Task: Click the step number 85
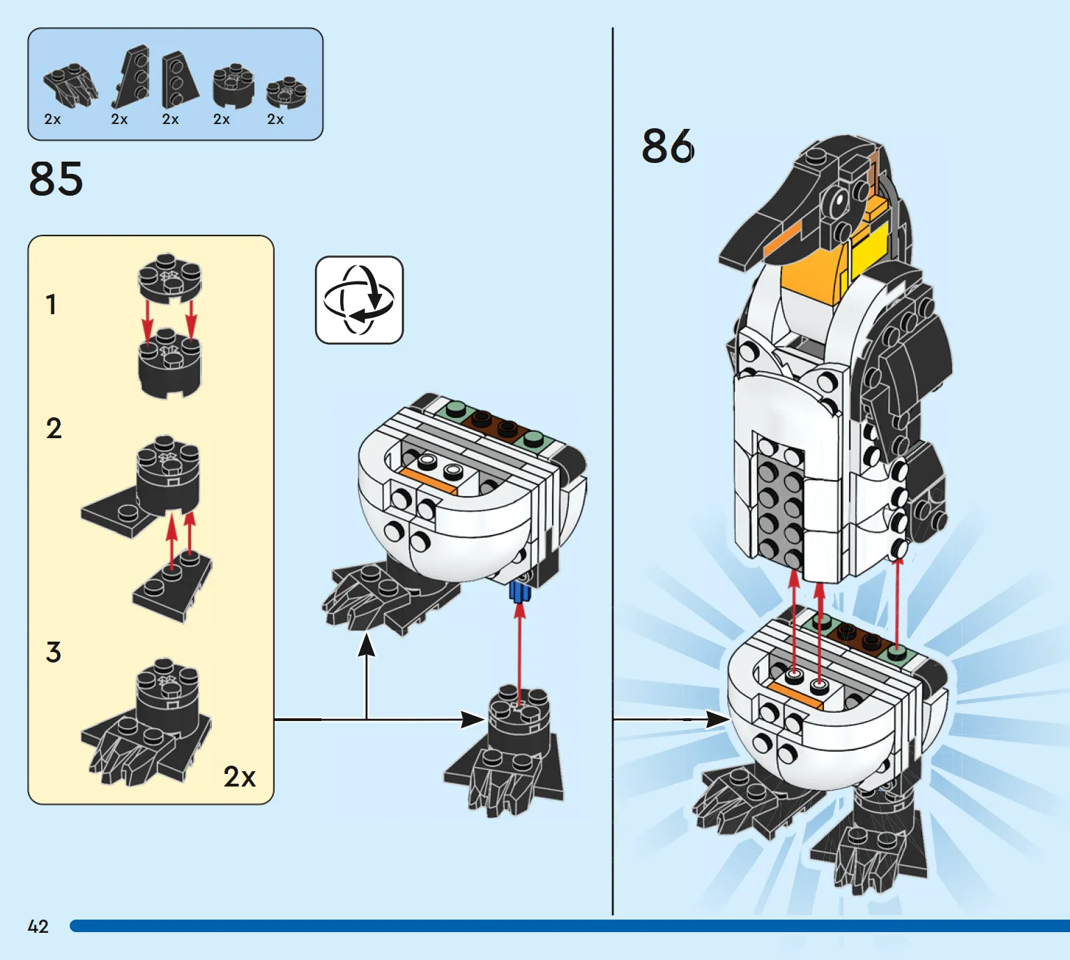point(56,179)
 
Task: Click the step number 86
point(667,146)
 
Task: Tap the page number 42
point(38,927)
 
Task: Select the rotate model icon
point(359,300)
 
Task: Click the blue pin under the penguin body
point(519,591)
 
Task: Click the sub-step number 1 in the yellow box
point(51,304)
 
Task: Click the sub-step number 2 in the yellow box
point(54,428)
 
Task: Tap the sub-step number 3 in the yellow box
point(54,653)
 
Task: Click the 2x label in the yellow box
point(239,777)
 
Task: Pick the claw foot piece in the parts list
point(70,86)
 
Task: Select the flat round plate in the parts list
point(286,91)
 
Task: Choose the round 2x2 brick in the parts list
point(233,86)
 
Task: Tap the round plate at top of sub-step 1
point(169,277)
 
